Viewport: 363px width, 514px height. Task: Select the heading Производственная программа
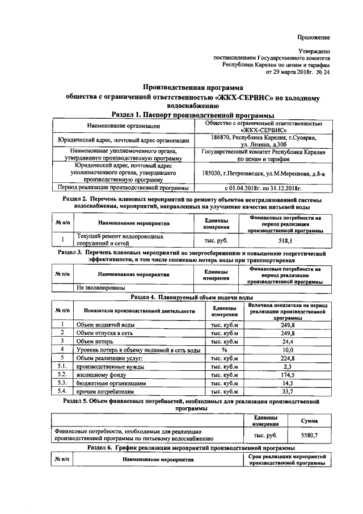[x=192, y=88]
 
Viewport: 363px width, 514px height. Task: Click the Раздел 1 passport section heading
[x=193, y=115]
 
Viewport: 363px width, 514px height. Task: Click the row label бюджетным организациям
[x=105, y=383]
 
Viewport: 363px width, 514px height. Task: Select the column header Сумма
[x=309, y=420]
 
